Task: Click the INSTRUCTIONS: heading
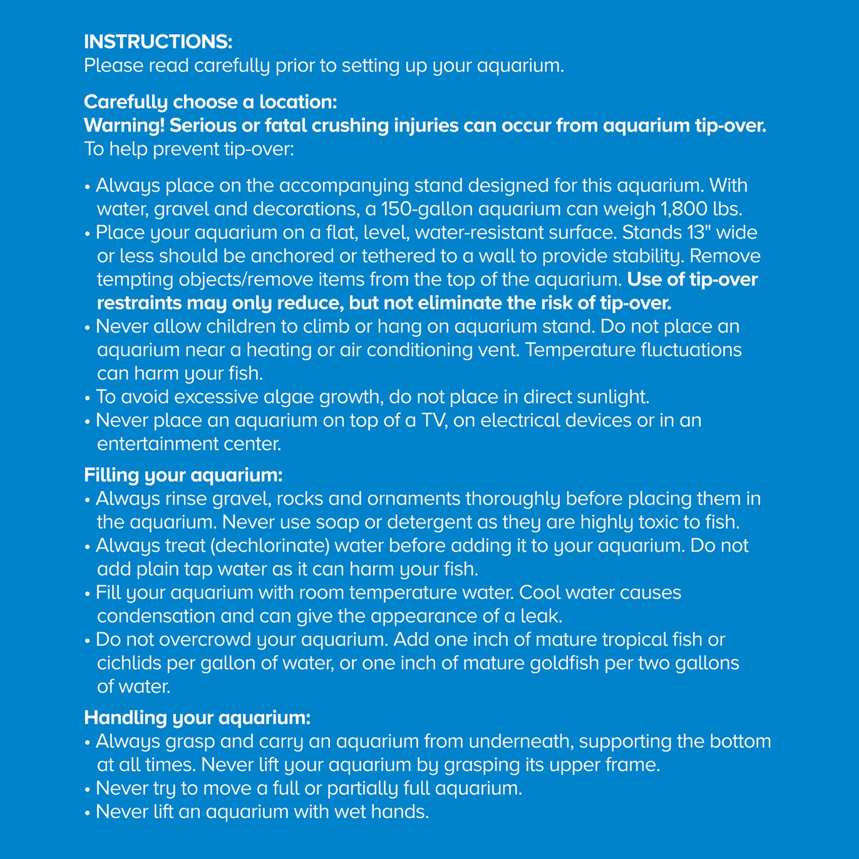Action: (158, 42)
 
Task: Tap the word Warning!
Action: (124, 125)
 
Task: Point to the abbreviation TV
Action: (434, 420)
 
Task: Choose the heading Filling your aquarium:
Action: (183, 475)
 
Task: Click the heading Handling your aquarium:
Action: (197, 718)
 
